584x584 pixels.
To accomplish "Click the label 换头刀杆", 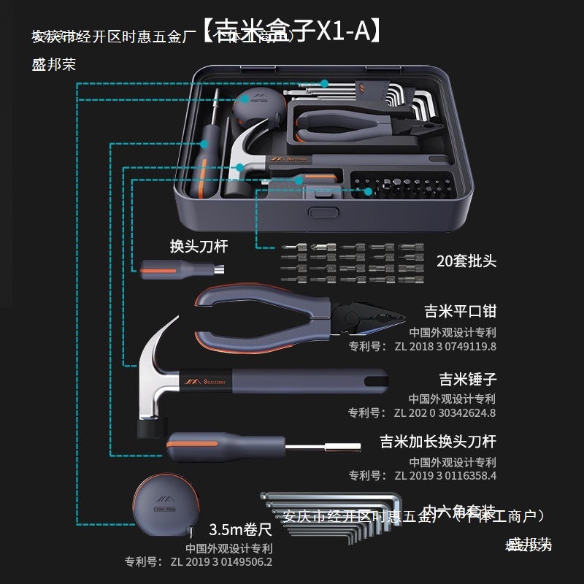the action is (199, 246).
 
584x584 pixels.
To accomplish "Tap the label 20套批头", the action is (466, 261).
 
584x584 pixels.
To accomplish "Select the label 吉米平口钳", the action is (460, 312).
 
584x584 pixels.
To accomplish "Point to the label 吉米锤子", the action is (467, 379).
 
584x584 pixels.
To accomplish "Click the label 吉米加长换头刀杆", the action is (438, 442).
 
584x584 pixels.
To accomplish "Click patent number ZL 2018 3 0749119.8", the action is (444, 346).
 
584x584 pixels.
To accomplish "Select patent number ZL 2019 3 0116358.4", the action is (444, 475).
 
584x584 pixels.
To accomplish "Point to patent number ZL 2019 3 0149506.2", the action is (219, 562).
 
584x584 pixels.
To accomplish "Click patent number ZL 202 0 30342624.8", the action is (444, 412).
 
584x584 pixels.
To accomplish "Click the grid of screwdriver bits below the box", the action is (340, 264).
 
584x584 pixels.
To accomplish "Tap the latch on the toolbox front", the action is (318, 212).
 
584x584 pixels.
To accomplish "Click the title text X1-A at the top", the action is (343, 31).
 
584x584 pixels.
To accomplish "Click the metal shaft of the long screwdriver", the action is (321, 447).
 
